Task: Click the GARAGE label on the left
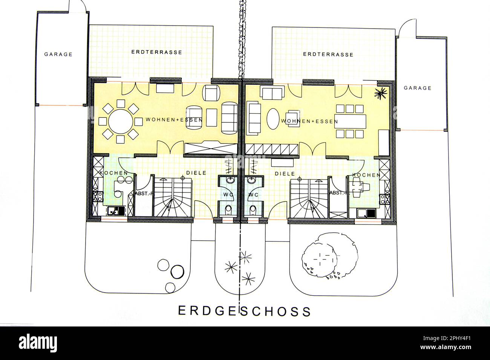58,54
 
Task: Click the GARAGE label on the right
417,88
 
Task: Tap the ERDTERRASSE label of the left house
156,52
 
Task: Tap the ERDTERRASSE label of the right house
328,55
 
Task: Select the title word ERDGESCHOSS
245,311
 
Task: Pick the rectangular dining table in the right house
351,121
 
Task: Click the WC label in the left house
228,195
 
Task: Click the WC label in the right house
253,195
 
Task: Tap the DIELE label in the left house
196,173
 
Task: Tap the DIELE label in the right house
285,174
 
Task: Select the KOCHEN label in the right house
366,175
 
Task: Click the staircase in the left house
173,197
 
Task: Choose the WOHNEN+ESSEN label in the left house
174,120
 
